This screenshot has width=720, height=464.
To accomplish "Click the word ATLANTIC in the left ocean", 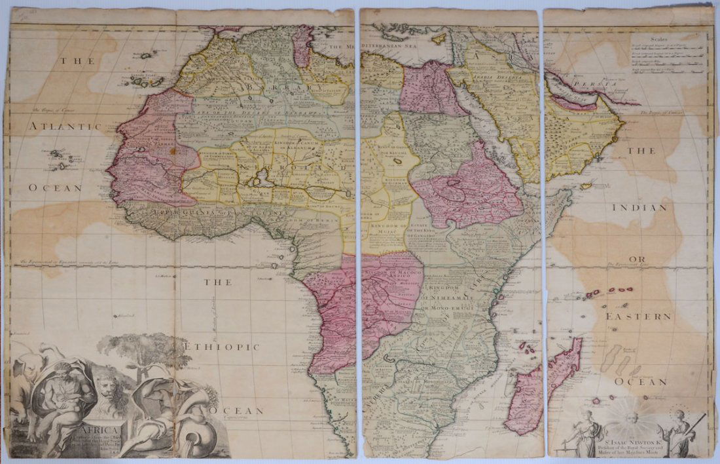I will pyautogui.click(x=64, y=126).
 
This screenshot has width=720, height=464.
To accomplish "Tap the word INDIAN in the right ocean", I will pyautogui.click(x=639, y=208).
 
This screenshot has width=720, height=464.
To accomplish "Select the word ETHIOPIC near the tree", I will pyautogui.click(x=221, y=346).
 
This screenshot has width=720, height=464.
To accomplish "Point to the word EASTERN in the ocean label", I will pyautogui.click(x=638, y=316).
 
